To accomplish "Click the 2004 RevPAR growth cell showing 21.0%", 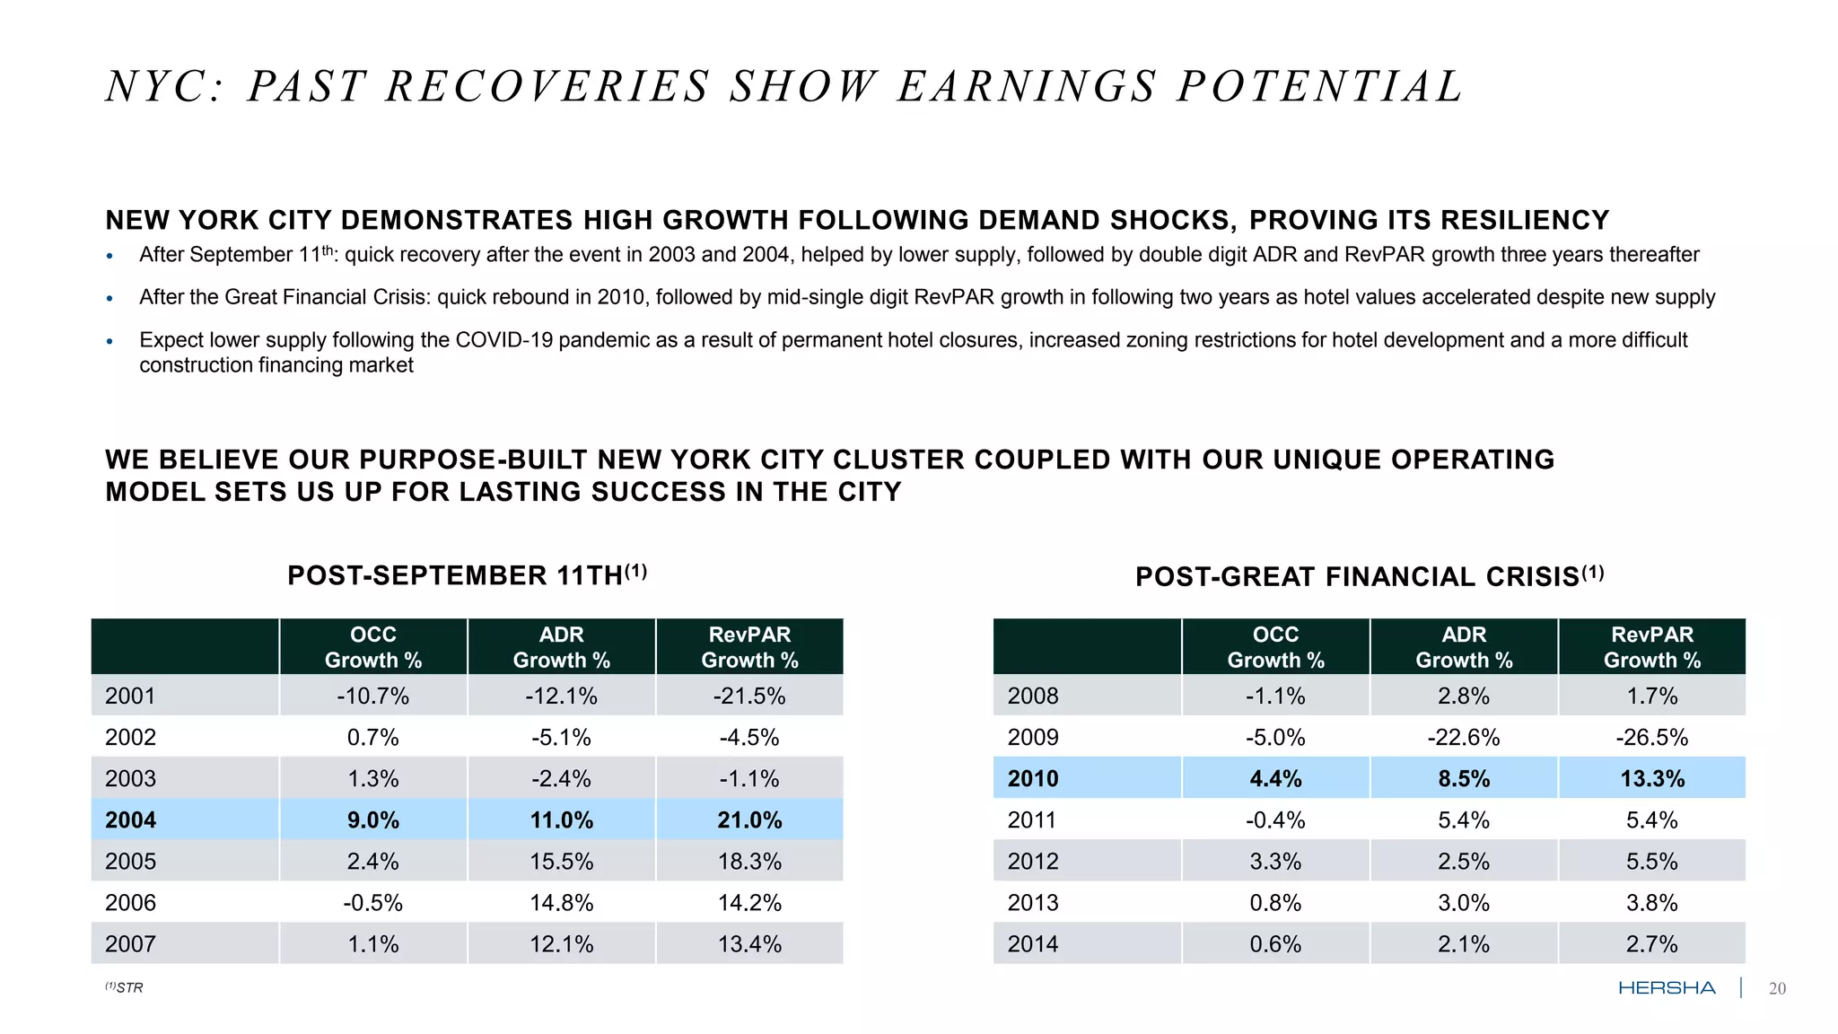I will (749, 820).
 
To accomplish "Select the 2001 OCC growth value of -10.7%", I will (372, 697).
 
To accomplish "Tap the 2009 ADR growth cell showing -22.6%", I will (1464, 738).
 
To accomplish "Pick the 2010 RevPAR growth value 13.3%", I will (1652, 779).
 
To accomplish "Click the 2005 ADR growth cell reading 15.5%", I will (561, 862).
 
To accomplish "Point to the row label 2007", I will (131, 944).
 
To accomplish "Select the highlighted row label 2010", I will (1033, 779).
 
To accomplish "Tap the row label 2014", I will (1033, 944).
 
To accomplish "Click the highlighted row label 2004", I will (131, 820).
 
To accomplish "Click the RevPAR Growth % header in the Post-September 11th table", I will (749, 647).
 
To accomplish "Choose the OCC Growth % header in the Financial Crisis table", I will (1275, 647).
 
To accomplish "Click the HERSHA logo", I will (1667, 988).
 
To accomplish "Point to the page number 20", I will (1777, 989).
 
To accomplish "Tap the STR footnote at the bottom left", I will (125, 987).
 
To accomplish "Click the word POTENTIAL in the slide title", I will (1320, 88).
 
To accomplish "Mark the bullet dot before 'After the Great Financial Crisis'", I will (109, 299).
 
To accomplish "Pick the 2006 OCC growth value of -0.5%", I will (372, 903).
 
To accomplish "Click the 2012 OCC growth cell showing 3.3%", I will (1275, 862).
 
